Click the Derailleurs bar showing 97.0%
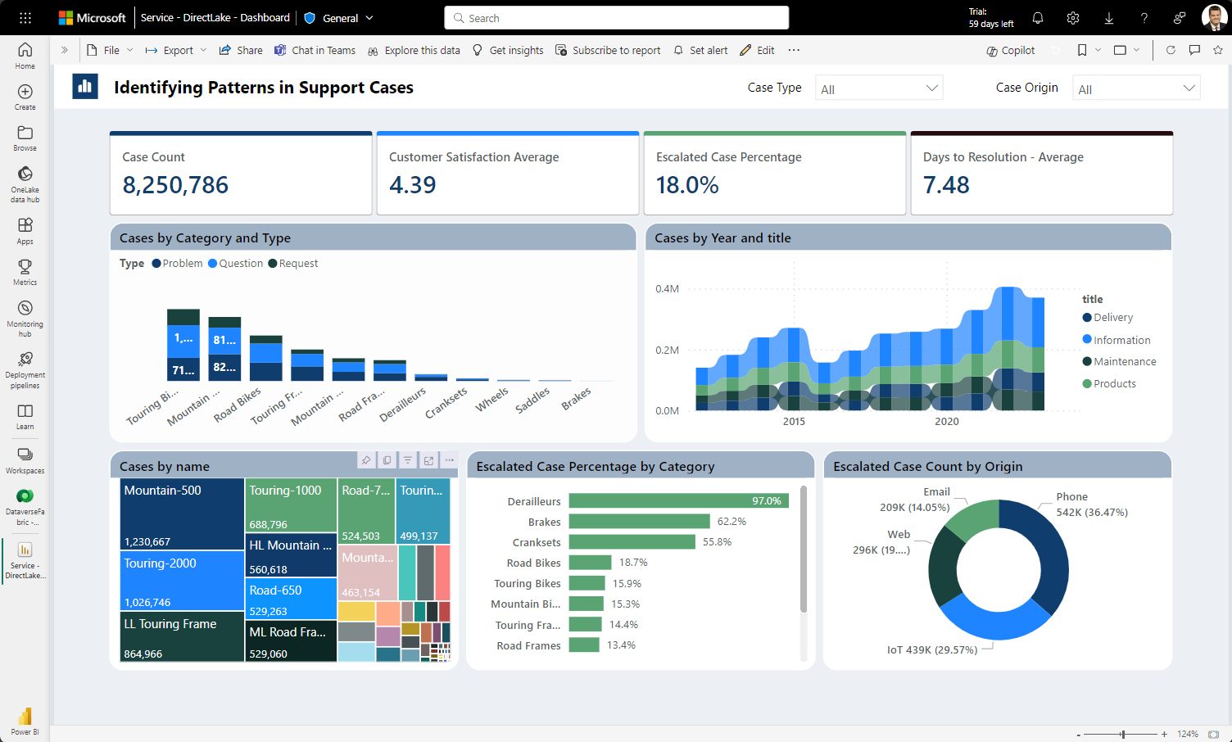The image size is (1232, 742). [678, 500]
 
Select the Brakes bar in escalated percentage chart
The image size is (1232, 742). [639, 522]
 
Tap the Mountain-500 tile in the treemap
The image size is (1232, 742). [182, 514]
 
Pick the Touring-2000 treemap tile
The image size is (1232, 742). [182, 581]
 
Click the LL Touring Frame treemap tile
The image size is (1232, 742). [182, 637]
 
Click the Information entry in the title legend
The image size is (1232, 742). [1121, 340]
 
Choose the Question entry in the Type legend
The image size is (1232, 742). [240, 264]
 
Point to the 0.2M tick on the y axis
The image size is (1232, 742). [667, 350]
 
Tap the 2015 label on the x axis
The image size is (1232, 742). [794, 421]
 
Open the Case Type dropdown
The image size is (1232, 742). [879, 88]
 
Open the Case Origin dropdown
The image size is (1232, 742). [1136, 88]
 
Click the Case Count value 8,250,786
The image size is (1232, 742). [175, 185]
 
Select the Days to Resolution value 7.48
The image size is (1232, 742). [946, 185]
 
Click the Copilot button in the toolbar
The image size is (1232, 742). [1011, 51]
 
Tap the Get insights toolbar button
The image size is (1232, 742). [508, 51]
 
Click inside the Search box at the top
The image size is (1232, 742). [616, 18]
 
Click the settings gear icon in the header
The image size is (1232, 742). [1073, 18]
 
